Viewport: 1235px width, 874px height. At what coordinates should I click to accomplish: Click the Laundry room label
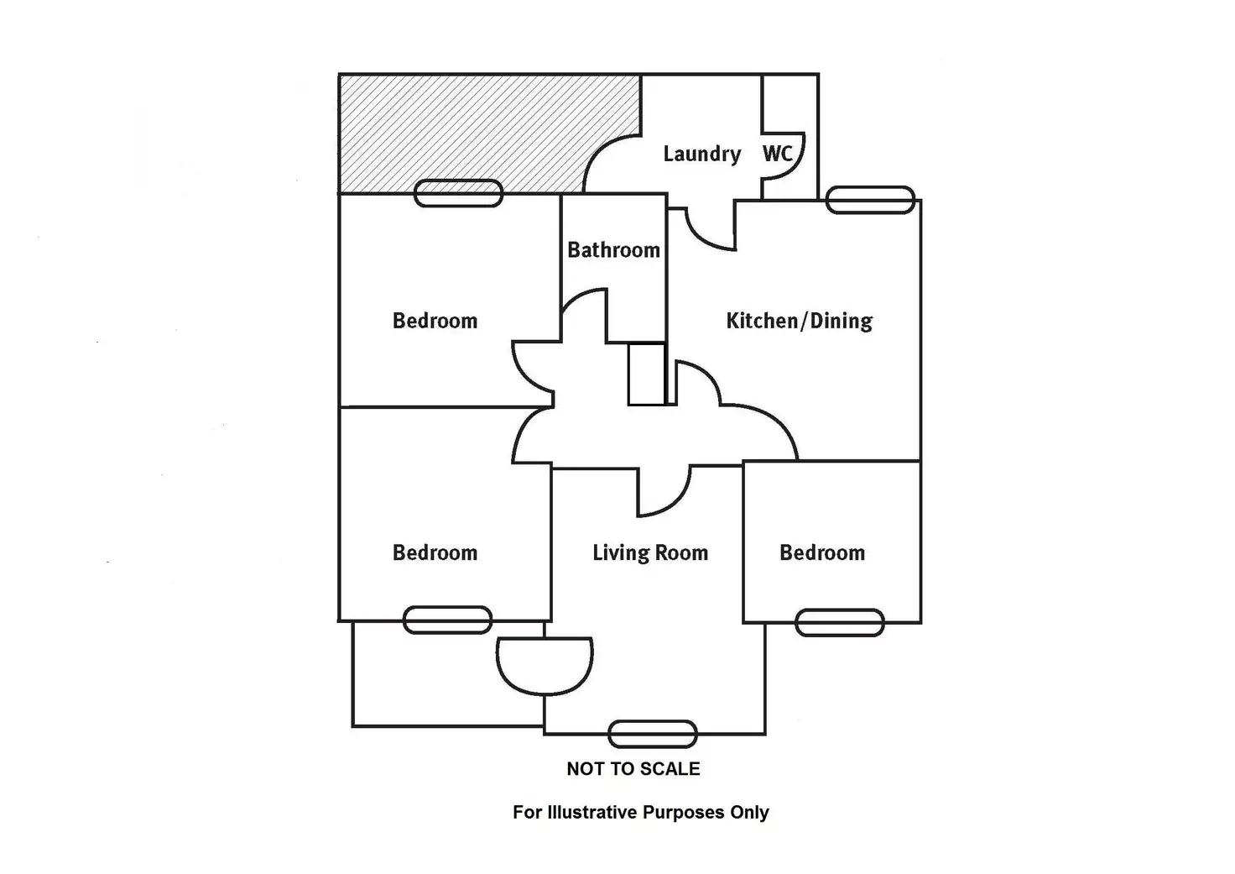[702, 154]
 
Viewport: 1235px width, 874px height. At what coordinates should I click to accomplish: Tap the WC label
[777, 154]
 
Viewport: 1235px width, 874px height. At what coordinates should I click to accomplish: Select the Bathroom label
[613, 249]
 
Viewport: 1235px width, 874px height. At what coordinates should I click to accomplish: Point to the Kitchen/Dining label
[799, 320]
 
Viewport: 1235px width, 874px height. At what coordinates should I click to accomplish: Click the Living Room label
[650, 552]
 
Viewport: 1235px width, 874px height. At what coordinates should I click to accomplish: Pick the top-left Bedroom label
[435, 320]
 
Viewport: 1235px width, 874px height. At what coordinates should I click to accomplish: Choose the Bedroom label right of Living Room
[821, 552]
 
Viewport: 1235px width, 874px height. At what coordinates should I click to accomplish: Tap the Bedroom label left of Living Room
[435, 552]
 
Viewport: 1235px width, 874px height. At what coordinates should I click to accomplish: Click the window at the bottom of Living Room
[652, 734]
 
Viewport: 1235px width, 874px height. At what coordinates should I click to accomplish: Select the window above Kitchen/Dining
[870, 200]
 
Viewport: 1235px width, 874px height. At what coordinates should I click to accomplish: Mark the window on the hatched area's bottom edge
[458, 193]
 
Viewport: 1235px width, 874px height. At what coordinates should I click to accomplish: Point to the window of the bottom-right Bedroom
[839, 622]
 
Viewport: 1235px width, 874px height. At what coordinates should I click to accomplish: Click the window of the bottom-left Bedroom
[447, 620]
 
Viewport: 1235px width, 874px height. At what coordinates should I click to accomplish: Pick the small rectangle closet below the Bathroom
[647, 374]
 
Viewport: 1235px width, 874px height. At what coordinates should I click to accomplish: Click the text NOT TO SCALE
[633, 768]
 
